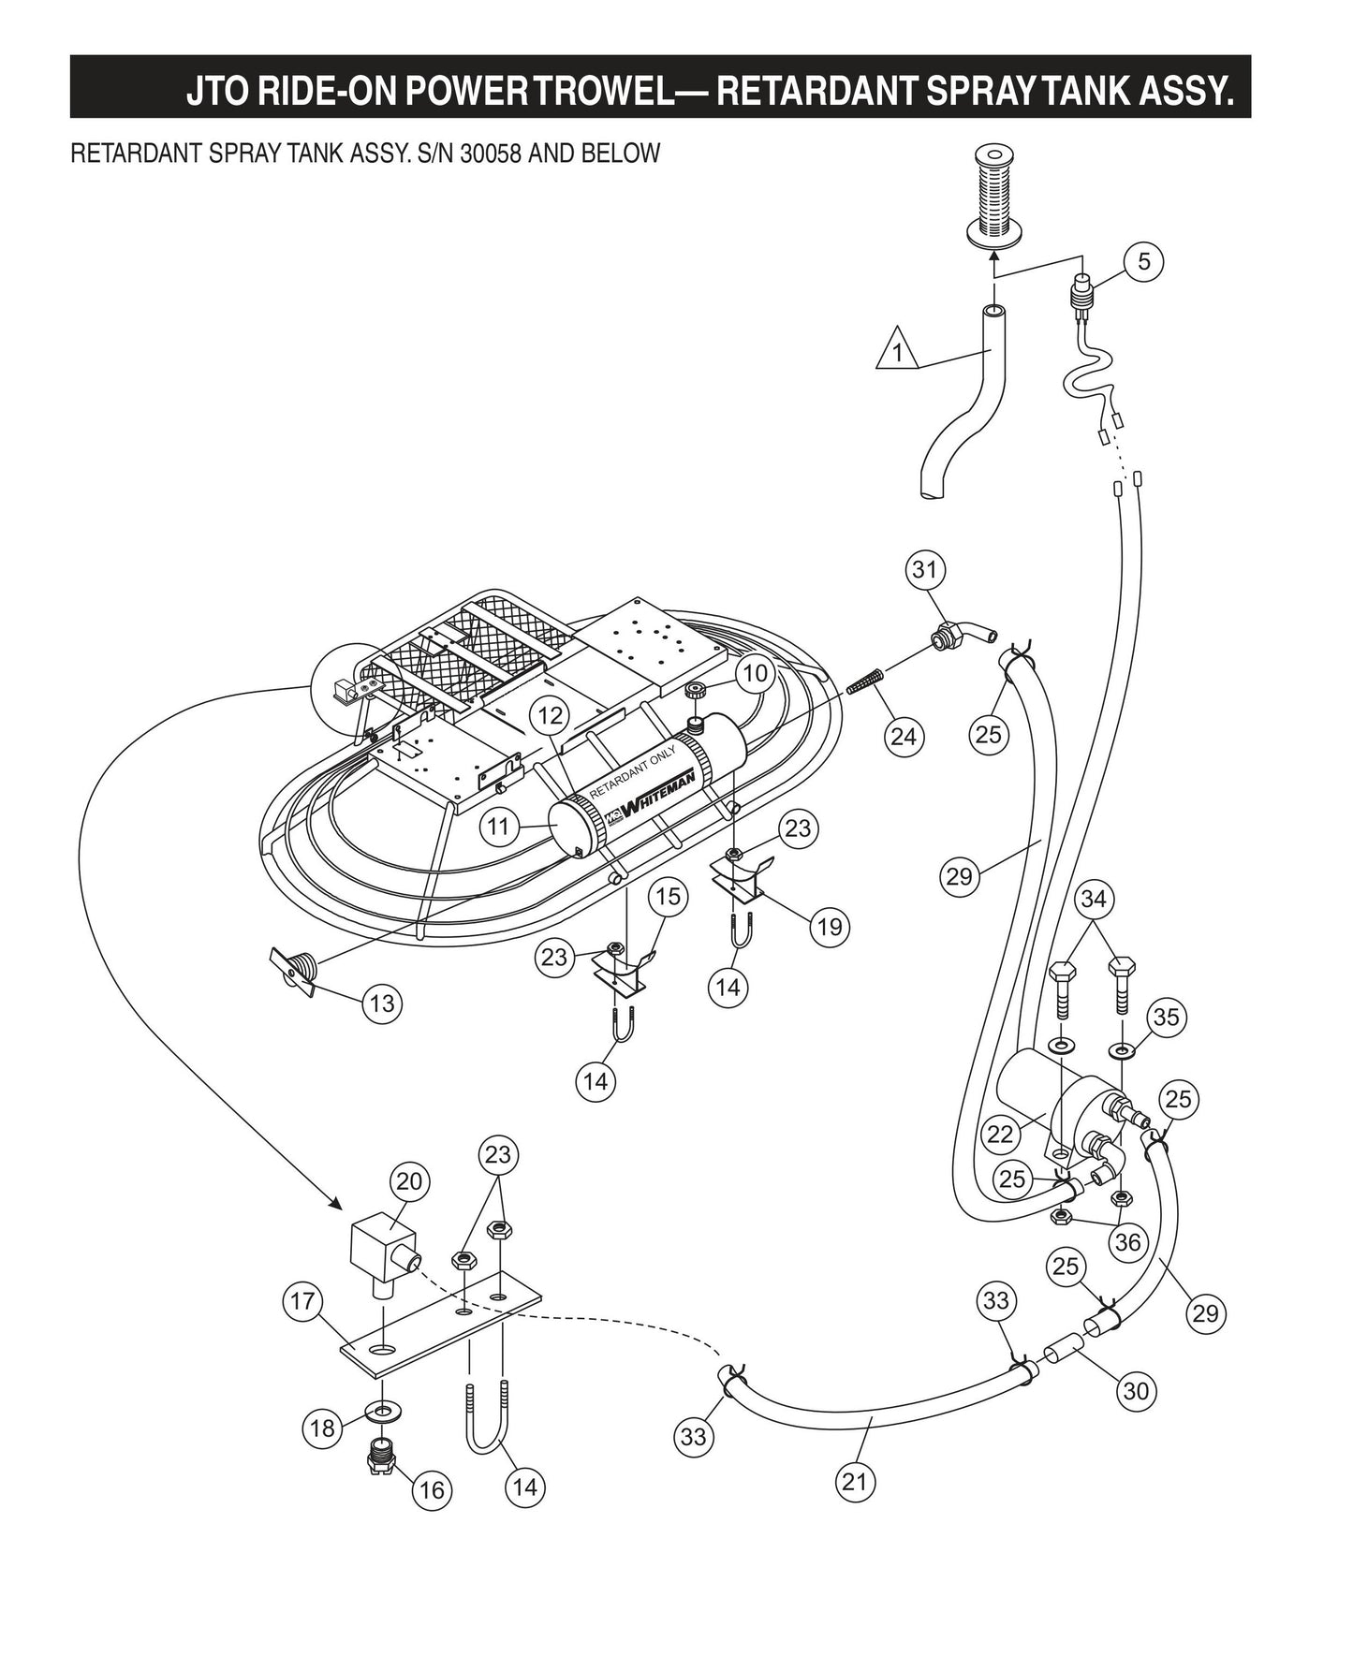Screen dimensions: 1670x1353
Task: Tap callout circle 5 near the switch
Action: [1143, 261]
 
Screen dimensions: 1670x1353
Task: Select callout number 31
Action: [925, 569]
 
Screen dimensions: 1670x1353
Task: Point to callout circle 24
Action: [903, 737]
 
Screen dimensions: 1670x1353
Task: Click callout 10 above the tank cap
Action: [755, 673]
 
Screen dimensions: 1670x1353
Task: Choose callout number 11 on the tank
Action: [498, 826]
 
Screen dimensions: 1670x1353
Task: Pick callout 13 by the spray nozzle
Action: [382, 1003]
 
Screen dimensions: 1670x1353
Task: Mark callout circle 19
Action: [829, 927]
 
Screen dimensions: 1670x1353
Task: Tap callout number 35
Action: [1166, 1017]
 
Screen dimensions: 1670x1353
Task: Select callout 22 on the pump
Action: [1000, 1134]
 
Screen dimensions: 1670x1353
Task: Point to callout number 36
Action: [1127, 1241]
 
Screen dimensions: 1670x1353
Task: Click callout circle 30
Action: [1135, 1391]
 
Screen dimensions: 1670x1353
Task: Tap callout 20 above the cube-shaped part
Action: [409, 1181]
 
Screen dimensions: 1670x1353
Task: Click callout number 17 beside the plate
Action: [302, 1301]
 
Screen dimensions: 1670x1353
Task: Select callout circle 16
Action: [432, 1488]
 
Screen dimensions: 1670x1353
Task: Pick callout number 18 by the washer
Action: [322, 1428]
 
